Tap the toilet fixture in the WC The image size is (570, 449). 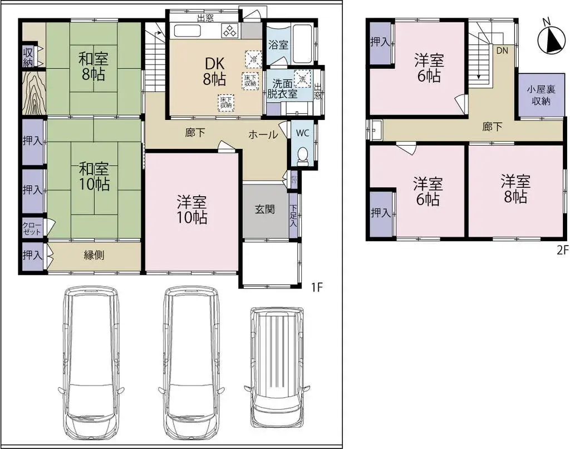pyautogui.click(x=303, y=155)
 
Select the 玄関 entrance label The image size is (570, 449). pyautogui.click(x=265, y=209)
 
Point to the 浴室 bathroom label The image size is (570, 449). pyautogui.click(x=278, y=44)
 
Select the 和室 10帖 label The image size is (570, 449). pyautogui.click(x=94, y=175)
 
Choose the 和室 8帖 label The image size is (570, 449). pyautogui.click(x=93, y=65)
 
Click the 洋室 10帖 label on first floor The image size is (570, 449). pyautogui.click(x=192, y=209)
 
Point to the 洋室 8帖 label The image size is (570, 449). pyautogui.click(x=515, y=189)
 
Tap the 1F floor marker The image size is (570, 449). pyautogui.click(x=317, y=287)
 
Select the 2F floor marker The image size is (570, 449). pyautogui.click(x=562, y=250)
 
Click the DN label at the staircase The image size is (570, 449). pyautogui.click(x=502, y=50)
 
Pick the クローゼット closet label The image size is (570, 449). pyautogui.click(x=32, y=228)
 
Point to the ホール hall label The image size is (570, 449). pyautogui.click(x=263, y=134)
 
